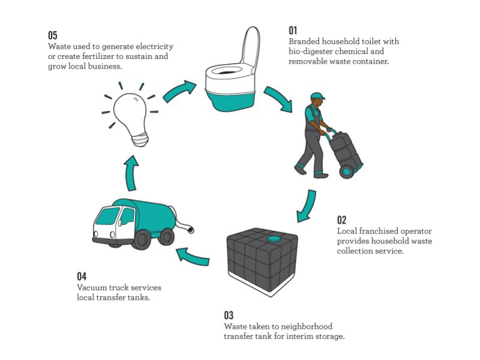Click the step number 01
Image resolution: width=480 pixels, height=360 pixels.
(x=293, y=30)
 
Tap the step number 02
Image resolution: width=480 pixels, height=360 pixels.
(x=341, y=220)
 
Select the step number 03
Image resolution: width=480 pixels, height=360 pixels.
(x=229, y=315)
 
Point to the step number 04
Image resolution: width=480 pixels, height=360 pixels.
(x=82, y=276)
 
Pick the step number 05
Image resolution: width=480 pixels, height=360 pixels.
(x=53, y=35)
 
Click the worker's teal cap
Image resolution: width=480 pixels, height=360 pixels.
(x=317, y=96)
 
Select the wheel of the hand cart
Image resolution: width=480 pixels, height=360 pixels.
(x=346, y=172)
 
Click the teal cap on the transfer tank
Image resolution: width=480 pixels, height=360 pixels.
(x=274, y=238)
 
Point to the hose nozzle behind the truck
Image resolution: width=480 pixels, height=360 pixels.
(x=190, y=230)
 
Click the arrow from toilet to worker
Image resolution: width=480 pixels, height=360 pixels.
(x=279, y=98)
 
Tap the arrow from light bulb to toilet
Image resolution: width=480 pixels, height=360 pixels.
(x=179, y=90)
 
